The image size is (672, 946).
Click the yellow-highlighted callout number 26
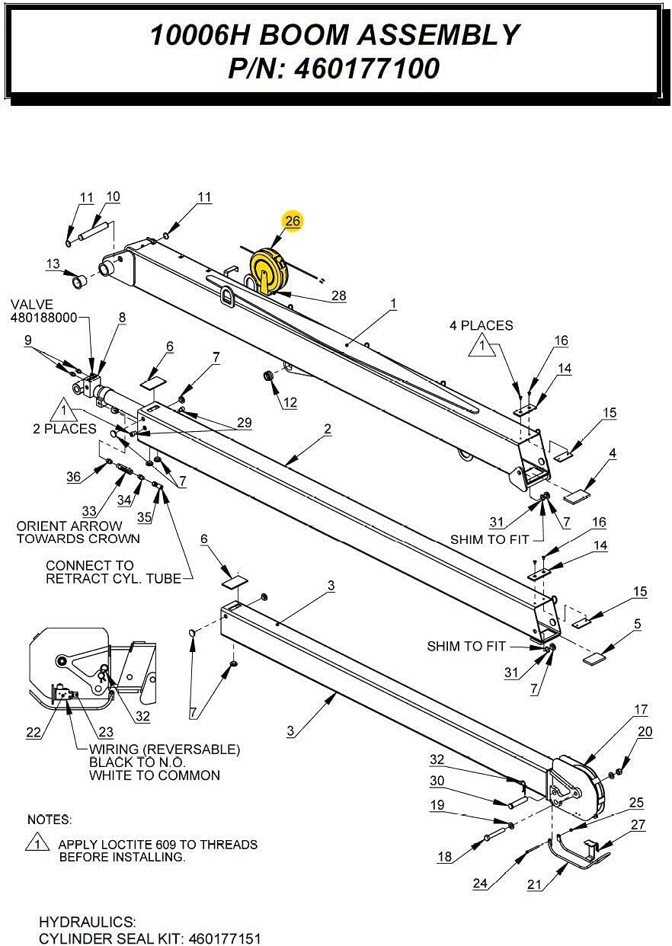(x=293, y=221)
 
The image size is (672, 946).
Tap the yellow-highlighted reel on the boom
(x=267, y=271)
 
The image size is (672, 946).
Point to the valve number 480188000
(x=44, y=317)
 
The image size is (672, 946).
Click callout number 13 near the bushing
(x=53, y=264)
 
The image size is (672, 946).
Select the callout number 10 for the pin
(x=112, y=197)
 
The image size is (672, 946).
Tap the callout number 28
(x=338, y=296)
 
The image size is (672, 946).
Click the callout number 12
(x=290, y=403)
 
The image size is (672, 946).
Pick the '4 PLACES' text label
(x=482, y=325)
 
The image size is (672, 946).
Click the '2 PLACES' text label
(x=65, y=429)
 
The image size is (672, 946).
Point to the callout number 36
(x=73, y=477)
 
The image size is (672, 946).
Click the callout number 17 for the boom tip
(x=641, y=709)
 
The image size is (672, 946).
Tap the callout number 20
(x=645, y=732)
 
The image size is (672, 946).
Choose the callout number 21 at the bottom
(x=535, y=884)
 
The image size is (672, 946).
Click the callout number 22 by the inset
(x=34, y=732)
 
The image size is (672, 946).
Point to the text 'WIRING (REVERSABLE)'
(x=165, y=749)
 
